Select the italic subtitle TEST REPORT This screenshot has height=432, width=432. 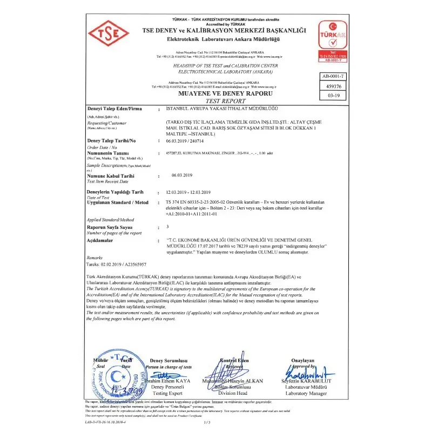point(215,101)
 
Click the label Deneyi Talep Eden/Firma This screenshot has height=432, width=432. point(114,109)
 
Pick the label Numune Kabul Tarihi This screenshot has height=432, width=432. point(110,176)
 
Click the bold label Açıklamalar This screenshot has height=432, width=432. point(102,240)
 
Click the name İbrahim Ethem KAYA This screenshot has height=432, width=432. point(172,381)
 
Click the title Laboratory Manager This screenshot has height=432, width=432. point(303,393)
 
